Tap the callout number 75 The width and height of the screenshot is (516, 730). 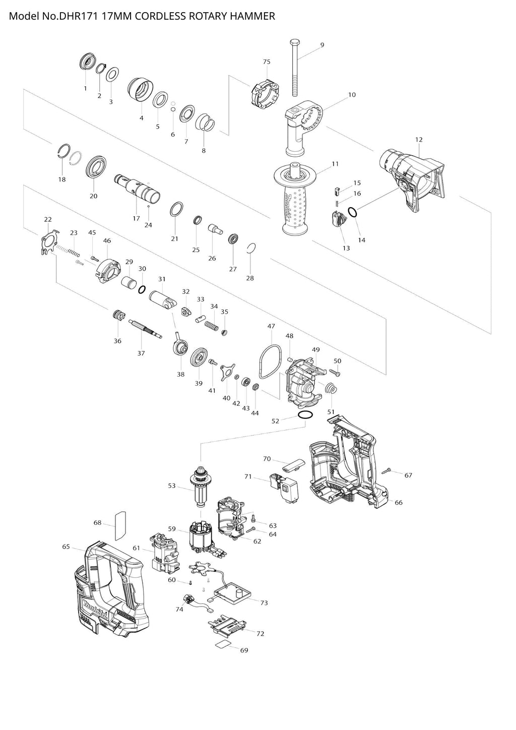click(267, 62)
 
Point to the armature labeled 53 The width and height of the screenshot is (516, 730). click(200, 486)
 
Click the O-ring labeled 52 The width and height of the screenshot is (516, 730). click(304, 415)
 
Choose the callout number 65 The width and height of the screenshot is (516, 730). click(66, 546)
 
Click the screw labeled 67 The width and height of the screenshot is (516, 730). click(388, 471)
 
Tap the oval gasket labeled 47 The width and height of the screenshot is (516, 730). click(270, 361)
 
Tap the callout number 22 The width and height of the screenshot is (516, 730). click(48, 219)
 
